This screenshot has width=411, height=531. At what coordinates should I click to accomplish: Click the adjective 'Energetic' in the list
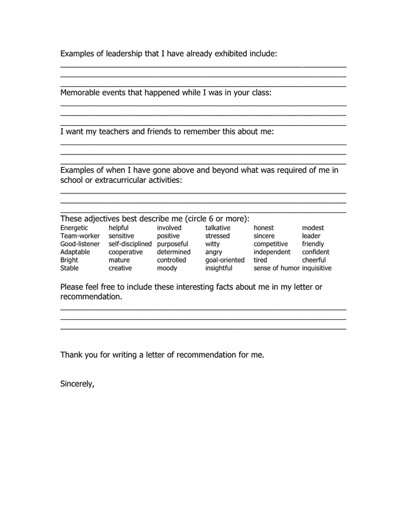[74, 228]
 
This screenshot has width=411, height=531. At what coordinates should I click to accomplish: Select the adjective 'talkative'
[218, 228]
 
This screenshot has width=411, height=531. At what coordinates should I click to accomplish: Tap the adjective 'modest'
[313, 228]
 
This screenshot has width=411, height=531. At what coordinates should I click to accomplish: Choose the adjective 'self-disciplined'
[130, 244]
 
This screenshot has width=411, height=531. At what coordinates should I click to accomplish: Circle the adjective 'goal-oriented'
[224, 260]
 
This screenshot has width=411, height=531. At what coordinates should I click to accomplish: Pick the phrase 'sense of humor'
[276, 268]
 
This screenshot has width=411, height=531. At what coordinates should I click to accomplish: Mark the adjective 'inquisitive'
[317, 268]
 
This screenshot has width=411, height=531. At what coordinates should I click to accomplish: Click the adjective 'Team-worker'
[80, 236]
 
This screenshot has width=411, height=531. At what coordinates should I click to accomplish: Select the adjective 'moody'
[167, 268]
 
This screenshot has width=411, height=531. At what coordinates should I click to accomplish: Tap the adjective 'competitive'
[270, 244]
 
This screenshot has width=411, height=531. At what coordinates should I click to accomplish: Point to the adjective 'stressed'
[217, 236]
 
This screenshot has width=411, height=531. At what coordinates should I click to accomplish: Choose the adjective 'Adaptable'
[75, 252]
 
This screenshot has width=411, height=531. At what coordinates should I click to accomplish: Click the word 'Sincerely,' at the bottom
[77, 383]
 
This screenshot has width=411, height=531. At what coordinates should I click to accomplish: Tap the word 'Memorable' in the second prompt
[80, 93]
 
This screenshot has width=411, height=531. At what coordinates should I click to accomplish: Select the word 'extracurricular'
[122, 180]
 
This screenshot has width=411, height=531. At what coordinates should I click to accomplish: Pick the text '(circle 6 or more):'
[217, 218]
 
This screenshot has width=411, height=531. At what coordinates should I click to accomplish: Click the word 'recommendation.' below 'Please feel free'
[92, 297]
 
